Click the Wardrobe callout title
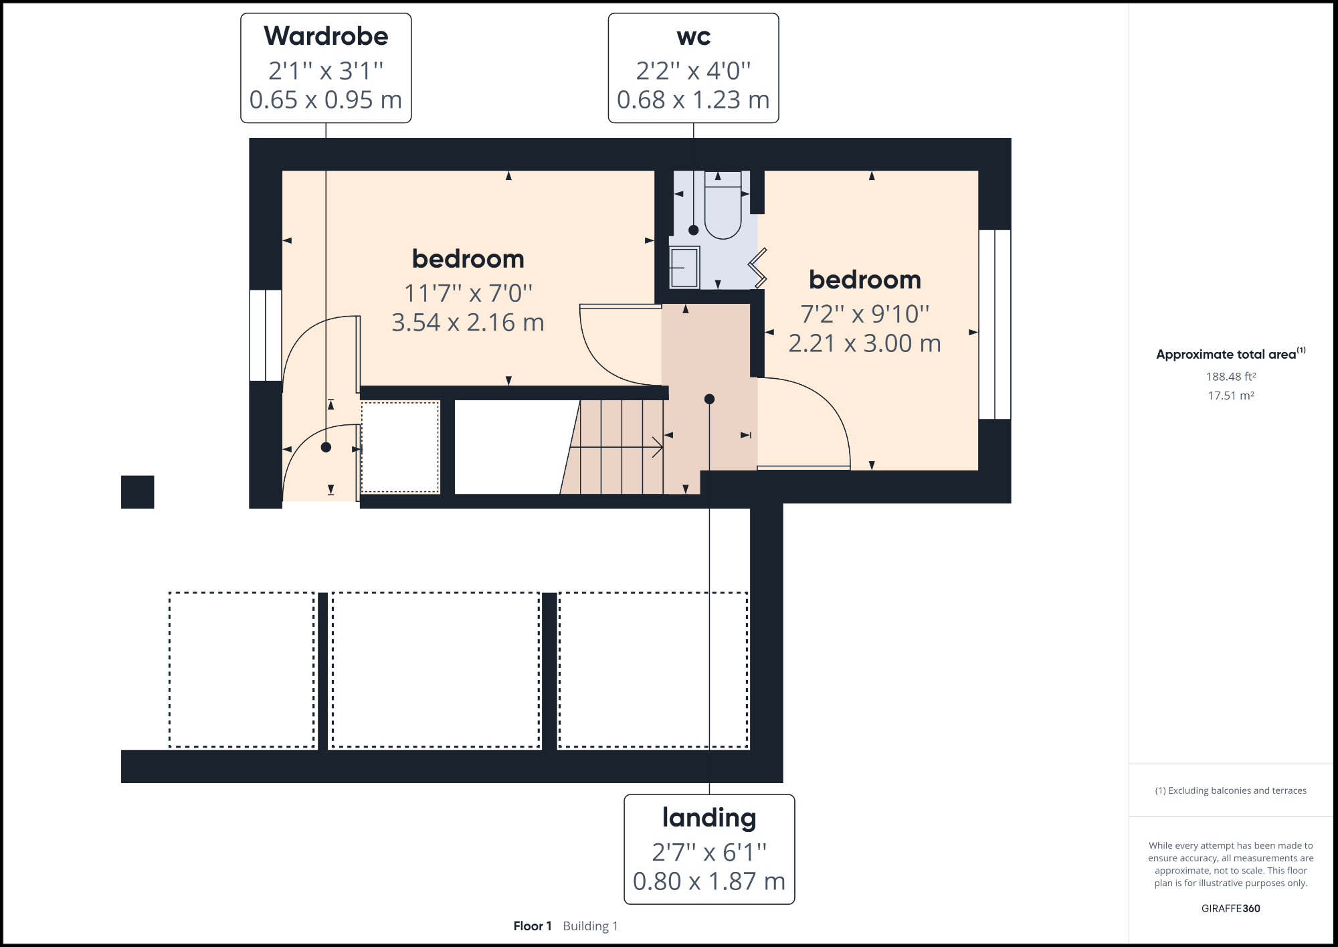(x=326, y=36)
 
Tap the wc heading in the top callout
(x=693, y=36)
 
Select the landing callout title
(x=709, y=818)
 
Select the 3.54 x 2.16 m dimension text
(x=468, y=323)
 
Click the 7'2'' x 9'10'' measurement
(x=864, y=314)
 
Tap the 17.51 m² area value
(x=1230, y=396)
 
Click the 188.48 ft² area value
(x=1230, y=377)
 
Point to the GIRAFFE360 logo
(x=1230, y=908)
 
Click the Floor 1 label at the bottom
(x=533, y=926)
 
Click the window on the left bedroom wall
(x=266, y=335)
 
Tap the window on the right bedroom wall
(x=995, y=325)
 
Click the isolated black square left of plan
(x=138, y=492)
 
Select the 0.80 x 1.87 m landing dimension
(x=709, y=881)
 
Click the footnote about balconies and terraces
(x=1230, y=790)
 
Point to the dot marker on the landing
(x=709, y=400)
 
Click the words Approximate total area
(x=1226, y=355)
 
